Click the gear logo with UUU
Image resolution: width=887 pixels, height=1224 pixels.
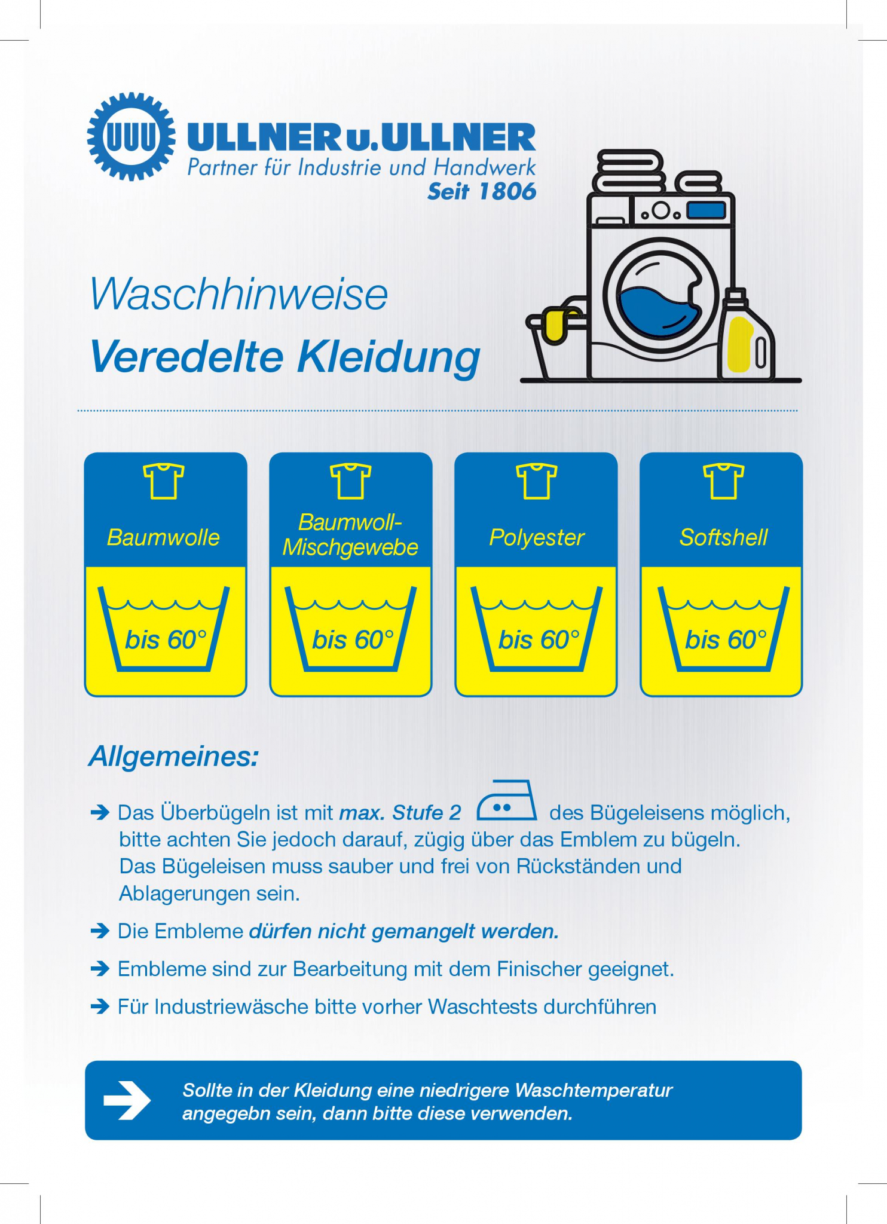(131, 136)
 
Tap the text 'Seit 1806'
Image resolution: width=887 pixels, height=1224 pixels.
(482, 192)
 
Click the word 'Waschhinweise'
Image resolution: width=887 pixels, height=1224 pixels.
(239, 295)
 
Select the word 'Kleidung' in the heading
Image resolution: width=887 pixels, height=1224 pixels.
(389, 357)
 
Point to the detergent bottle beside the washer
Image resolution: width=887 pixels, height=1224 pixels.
(747, 338)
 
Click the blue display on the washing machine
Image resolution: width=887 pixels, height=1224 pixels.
(706, 210)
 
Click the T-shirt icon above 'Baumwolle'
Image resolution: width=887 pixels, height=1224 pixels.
(164, 481)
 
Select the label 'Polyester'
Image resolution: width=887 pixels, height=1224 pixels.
(536, 537)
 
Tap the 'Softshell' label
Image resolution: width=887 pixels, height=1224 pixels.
(723, 537)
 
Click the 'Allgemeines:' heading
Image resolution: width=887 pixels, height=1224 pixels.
(174, 757)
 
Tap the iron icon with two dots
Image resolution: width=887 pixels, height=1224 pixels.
(506, 801)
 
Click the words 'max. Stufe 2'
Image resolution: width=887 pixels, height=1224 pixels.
(400, 813)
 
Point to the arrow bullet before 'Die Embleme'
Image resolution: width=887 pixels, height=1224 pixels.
(100, 931)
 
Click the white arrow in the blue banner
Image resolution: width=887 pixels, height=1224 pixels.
(127, 1100)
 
